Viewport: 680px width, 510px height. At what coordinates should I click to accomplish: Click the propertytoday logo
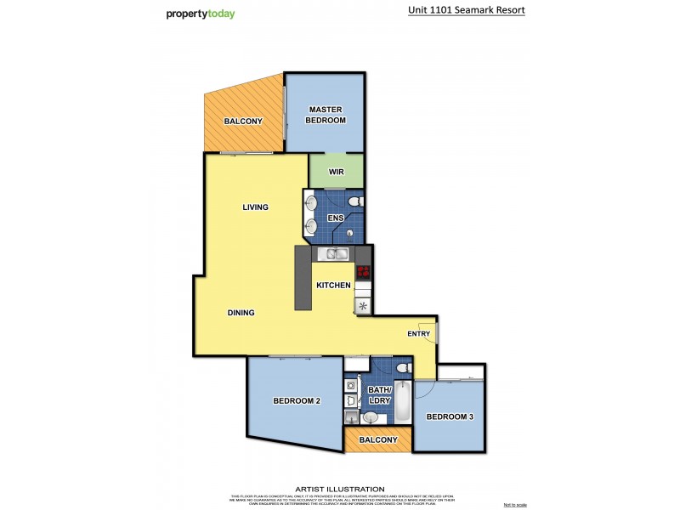tap(200, 14)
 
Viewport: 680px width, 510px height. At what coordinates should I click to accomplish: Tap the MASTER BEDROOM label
tap(326, 115)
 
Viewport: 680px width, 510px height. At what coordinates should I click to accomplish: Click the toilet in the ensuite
tap(357, 201)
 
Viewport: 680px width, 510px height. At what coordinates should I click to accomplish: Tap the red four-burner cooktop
tap(364, 273)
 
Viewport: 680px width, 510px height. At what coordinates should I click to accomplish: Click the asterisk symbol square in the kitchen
tap(364, 306)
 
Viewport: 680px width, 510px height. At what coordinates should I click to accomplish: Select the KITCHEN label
tap(333, 286)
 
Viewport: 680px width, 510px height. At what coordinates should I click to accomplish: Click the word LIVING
tap(255, 207)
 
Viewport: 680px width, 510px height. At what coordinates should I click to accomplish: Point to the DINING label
tap(241, 313)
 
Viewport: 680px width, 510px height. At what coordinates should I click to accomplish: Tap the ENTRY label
tap(418, 334)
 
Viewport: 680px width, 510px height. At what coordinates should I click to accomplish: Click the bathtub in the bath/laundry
tap(404, 402)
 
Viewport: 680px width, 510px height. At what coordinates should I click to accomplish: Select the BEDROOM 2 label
tap(296, 400)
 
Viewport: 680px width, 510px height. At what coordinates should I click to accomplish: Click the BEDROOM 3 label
tap(450, 416)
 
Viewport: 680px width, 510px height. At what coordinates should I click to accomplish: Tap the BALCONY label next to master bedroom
tap(243, 122)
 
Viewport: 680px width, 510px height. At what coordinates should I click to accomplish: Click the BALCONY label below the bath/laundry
tap(377, 439)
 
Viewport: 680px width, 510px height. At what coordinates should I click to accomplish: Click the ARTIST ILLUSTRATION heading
tap(339, 489)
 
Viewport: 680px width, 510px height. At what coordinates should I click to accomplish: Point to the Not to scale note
tap(515, 504)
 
